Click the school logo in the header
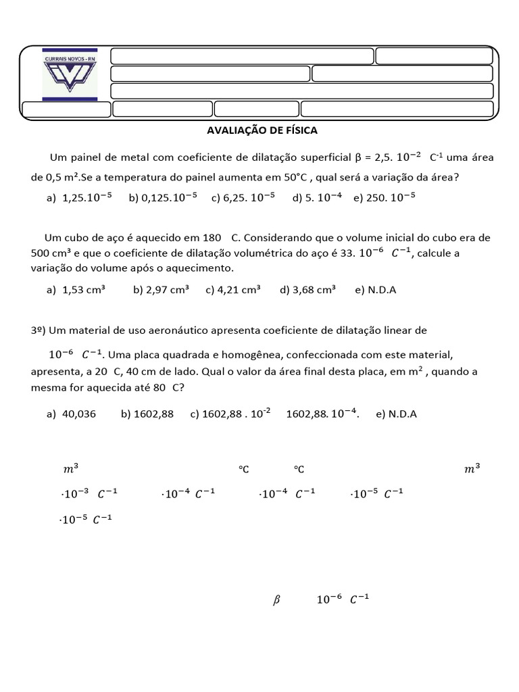coord(70,74)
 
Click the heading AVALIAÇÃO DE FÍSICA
coord(262,130)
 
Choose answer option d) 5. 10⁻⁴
coord(317,197)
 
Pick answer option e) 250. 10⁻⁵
coord(384,197)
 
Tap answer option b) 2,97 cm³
coord(161,290)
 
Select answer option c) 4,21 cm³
coord(233,290)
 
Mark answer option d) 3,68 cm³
coord(307,290)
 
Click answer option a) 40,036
coord(71,414)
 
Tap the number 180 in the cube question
coord(212,238)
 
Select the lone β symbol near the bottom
coord(276,599)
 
